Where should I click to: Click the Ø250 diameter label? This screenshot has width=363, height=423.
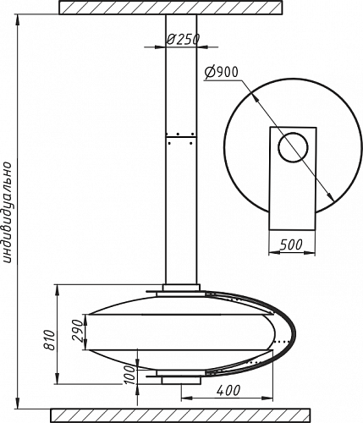click(183, 40)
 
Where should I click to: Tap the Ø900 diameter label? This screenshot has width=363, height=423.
click(222, 73)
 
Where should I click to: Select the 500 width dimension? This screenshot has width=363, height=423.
click(291, 244)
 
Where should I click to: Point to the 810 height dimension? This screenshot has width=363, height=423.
click(51, 339)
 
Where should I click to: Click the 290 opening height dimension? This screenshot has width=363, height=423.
click(78, 331)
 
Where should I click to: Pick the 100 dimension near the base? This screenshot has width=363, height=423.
click(130, 375)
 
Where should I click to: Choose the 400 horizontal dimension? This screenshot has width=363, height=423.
click(228, 391)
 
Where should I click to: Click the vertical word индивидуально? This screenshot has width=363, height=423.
click(8, 212)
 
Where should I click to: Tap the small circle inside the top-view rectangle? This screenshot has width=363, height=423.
click(293, 147)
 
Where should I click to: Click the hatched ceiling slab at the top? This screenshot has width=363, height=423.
click(170, 8)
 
